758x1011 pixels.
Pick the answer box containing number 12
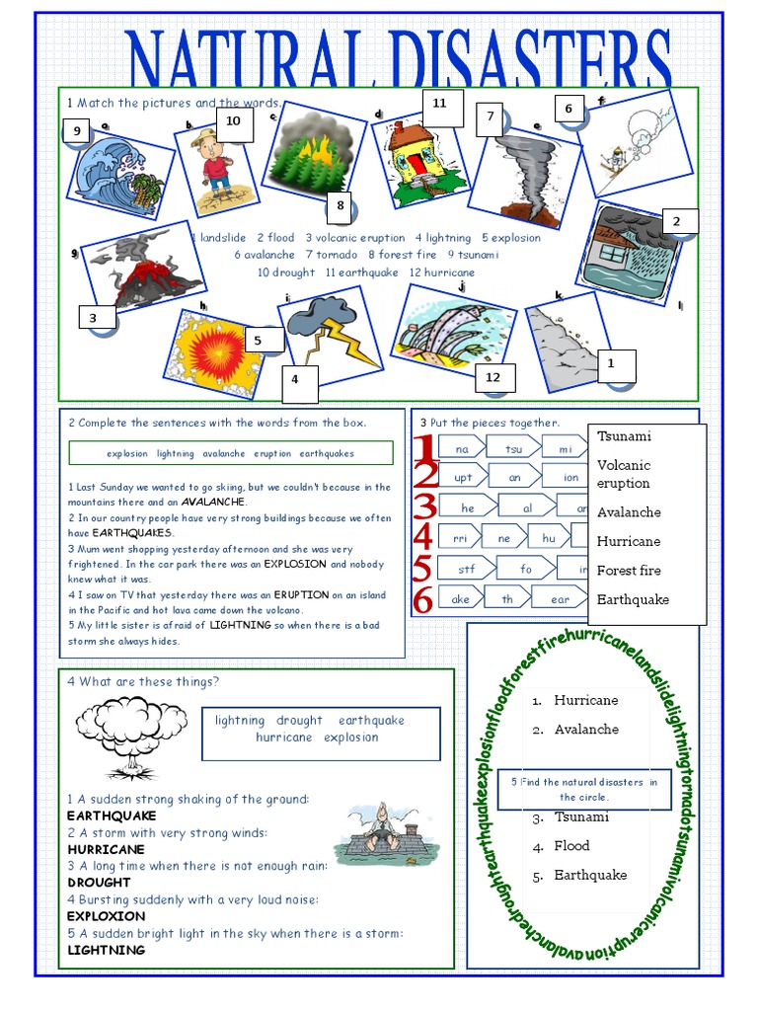(493, 377)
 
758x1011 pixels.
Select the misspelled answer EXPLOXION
(106, 915)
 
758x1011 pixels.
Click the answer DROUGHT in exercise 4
(99, 882)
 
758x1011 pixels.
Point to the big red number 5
(421, 569)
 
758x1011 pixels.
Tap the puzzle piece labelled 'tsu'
(514, 449)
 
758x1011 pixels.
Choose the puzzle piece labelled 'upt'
(463, 478)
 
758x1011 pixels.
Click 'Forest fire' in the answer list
(629, 570)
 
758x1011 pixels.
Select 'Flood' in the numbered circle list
(571, 845)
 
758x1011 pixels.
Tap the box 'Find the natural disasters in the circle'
(583, 789)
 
